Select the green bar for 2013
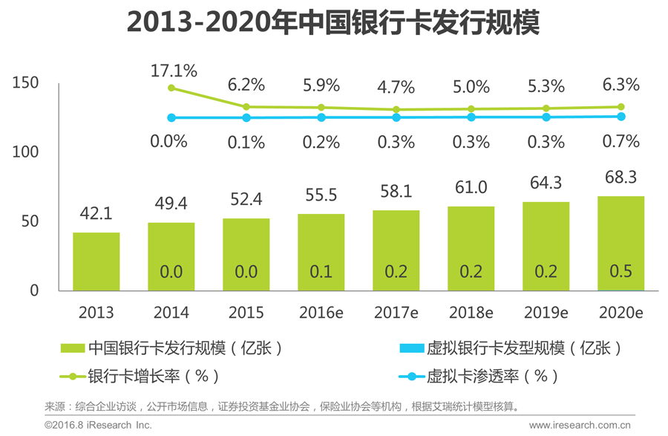pyautogui.click(x=96, y=261)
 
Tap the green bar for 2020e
pyautogui.click(x=620, y=243)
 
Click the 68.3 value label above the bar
pyautogui.click(x=620, y=178)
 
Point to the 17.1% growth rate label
pyautogui.click(x=174, y=71)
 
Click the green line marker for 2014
pyautogui.click(x=171, y=88)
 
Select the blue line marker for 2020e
pyautogui.click(x=621, y=117)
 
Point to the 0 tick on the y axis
pyautogui.click(x=34, y=290)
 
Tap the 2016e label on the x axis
pyautogui.click(x=321, y=313)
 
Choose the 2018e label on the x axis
pyautogui.click(x=471, y=313)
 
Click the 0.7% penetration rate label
pyautogui.click(x=620, y=141)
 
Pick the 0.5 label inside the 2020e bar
pyautogui.click(x=620, y=272)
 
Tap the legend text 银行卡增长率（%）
pyautogui.click(x=153, y=376)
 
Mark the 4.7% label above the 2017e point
pyautogui.click(x=396, y=87)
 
